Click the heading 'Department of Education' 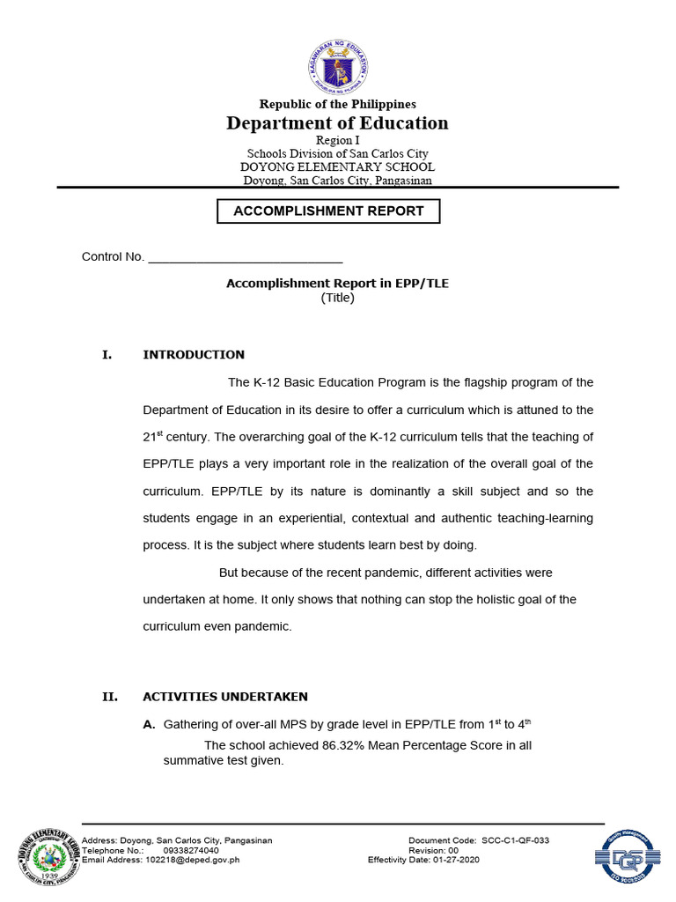tap(337, 122)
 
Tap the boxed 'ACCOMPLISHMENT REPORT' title tap(328, 211)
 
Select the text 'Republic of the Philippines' tap(337, 104)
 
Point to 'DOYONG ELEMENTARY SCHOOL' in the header tap(337, 167)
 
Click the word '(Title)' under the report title tap(337, 298)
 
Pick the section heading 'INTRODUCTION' tap(194, 355)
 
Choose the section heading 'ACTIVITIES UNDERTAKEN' tap(225, 697)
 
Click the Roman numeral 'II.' tap(110, 697)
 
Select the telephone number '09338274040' tap(191, 851)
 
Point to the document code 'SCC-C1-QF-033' tap(515, 841)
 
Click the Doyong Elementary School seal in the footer tap(47, 854)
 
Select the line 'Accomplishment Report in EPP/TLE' tap(337, 284)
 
